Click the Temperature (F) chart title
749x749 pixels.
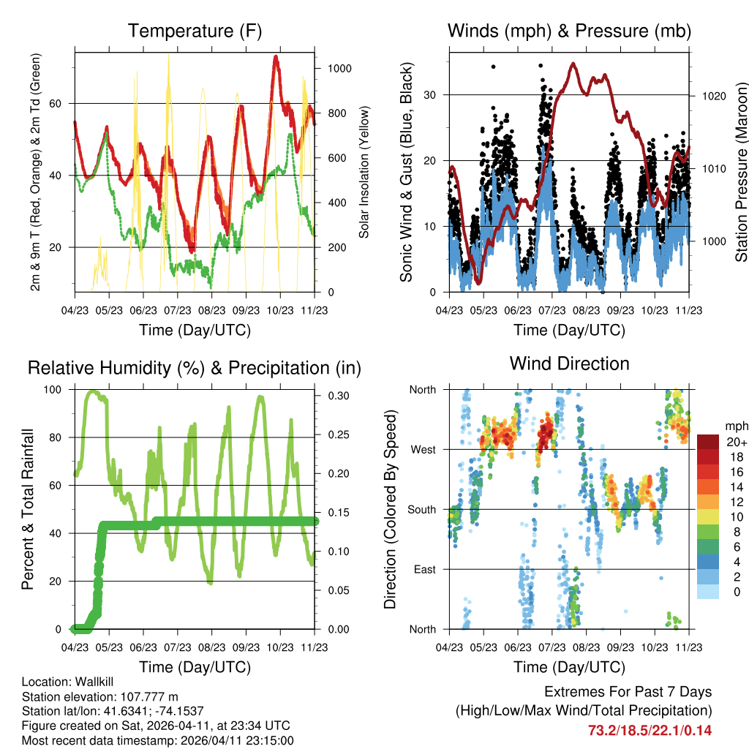click(x=195, y=31)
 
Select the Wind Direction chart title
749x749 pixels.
click(x=569, y=364)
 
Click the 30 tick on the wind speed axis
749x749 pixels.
click(x=431, y=94)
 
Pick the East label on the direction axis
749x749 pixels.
click(x=424, y=569)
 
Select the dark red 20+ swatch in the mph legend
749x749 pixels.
click(x=707, y=442)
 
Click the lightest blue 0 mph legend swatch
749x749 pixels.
click(x=707, y=592)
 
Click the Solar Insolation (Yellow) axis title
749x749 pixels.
click(x=364, y=172)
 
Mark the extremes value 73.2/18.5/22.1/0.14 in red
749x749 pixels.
click(x=650, y=730)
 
